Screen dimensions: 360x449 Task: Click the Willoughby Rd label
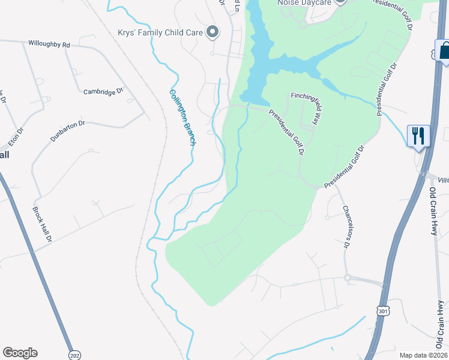pyautogui.click(x=49, y=44)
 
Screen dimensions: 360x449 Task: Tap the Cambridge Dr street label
pyautogui.click(x=103, y=92)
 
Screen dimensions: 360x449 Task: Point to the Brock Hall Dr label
pyautogui.click(x=42, y=225)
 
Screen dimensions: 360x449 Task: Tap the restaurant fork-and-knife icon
pyautogui.click(x=418, y=136)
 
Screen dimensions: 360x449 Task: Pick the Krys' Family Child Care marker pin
pyautogui.click(x=211, y=32)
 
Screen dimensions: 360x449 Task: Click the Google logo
pyautogui.click(x=20, y=353)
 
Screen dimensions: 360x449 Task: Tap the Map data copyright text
pyautogui.click(x=424, y=355)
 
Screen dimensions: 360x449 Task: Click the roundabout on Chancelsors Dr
pyautogui.click(x=347, y=277)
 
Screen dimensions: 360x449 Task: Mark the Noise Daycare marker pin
pyautogui.click(x=340, y=2)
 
